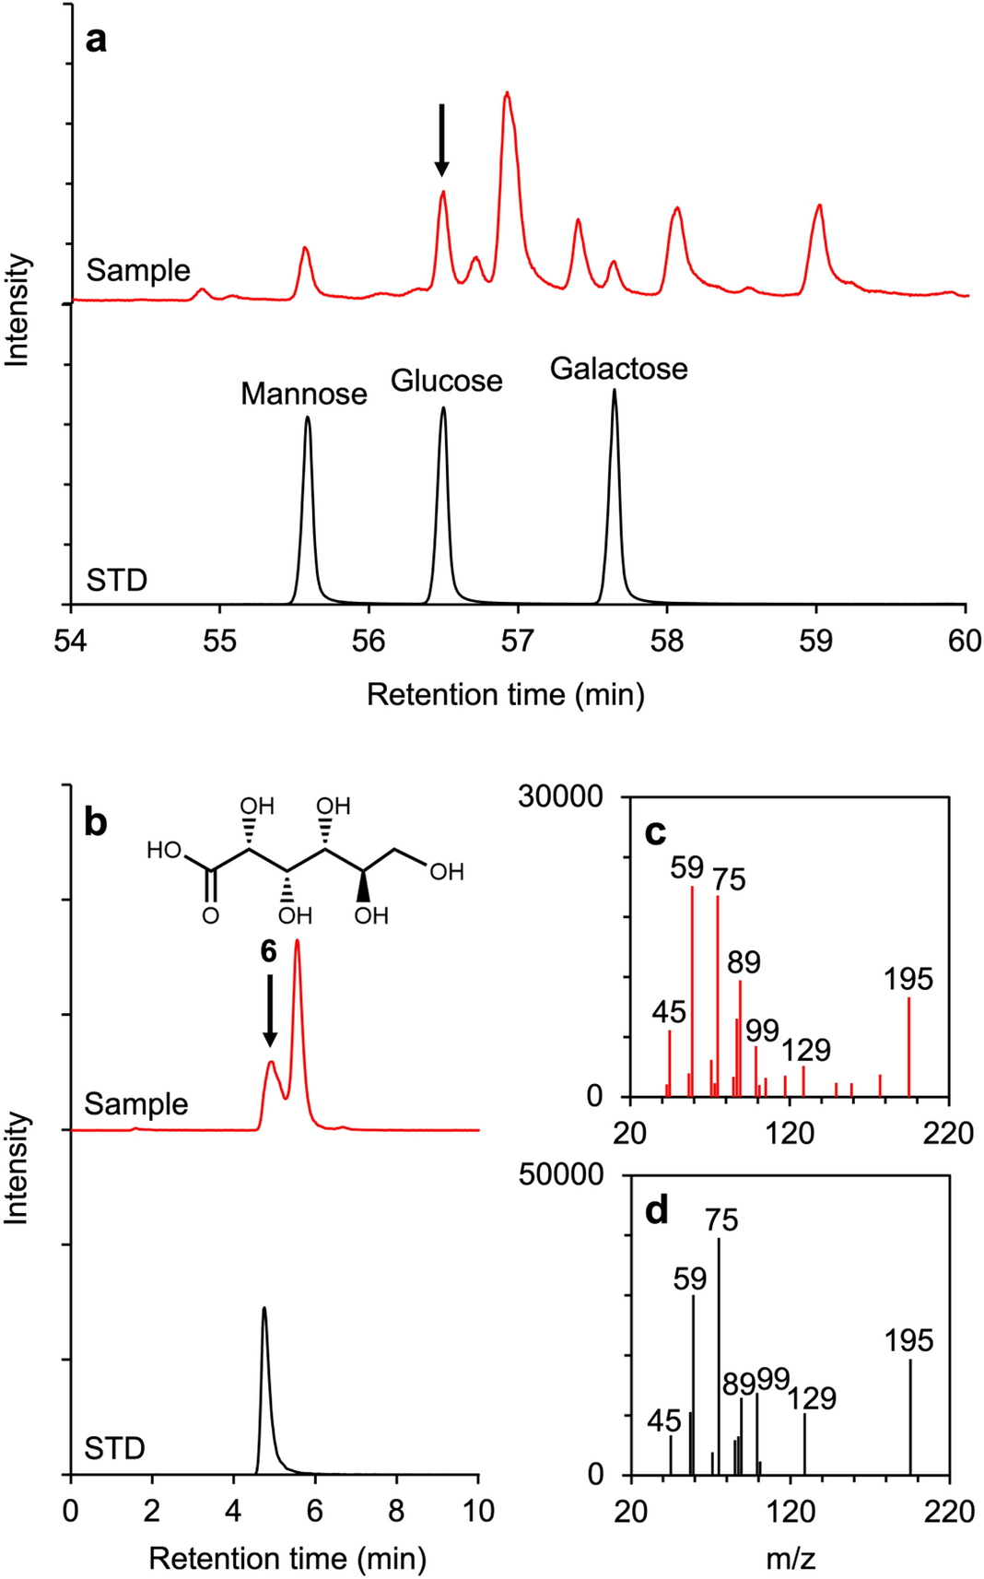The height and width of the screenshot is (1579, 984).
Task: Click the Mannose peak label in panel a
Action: (304, 395)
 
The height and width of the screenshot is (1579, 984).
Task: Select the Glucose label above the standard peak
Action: (447, 381)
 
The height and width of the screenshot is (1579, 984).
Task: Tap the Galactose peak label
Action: (618, 369)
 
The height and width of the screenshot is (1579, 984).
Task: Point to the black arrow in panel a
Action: (442, 139)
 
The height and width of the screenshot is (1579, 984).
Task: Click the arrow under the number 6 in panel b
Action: (269, 1010)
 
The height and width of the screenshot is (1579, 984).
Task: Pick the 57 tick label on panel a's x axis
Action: (518, 642)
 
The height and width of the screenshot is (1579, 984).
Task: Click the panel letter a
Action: (96, 41)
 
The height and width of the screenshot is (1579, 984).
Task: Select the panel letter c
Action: (655, 832)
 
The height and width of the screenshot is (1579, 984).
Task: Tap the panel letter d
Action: (657, 1210)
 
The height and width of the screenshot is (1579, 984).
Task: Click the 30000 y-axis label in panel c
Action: (560, 796)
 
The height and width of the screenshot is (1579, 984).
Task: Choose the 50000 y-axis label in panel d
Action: (560, 1174)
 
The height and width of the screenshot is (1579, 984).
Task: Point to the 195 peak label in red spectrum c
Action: (908, 979)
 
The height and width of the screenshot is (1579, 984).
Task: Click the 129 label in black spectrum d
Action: (812, 1398)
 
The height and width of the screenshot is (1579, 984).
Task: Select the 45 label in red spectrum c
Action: (669, 1012)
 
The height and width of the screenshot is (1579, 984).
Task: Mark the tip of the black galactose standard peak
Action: (615, 391)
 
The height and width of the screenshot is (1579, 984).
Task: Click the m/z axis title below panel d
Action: (790, 1559)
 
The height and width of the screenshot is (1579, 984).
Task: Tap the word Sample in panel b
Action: (136, 1103)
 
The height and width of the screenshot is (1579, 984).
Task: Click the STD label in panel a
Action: (117, 581)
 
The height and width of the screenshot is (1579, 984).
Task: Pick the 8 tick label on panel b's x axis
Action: (396, 1511)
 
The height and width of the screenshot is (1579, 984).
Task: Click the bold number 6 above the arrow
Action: (268, 951)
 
